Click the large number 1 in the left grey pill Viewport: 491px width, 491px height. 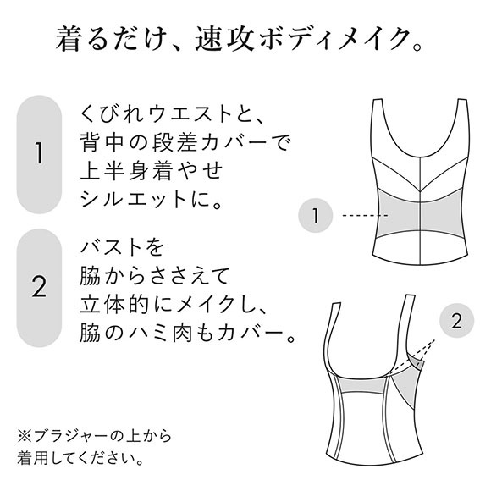(39, 155)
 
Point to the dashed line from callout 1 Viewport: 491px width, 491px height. (356, 217)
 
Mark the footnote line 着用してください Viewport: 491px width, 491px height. (86, 458)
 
